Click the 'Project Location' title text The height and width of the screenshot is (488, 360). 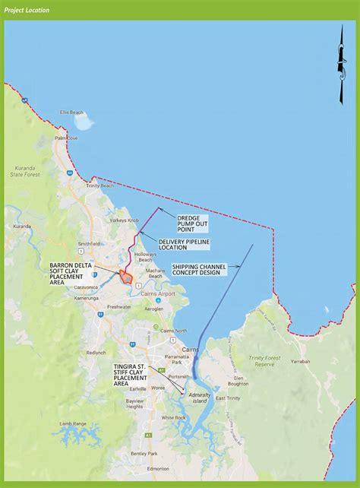(x=27, y=11)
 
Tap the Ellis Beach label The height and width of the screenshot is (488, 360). (x=72, y=112)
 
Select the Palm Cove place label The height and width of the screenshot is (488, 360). (x=66, y=138)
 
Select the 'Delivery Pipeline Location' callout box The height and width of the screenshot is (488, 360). (x=183, y=245)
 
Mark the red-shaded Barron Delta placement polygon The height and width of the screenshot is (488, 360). (x=126, y=277)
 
